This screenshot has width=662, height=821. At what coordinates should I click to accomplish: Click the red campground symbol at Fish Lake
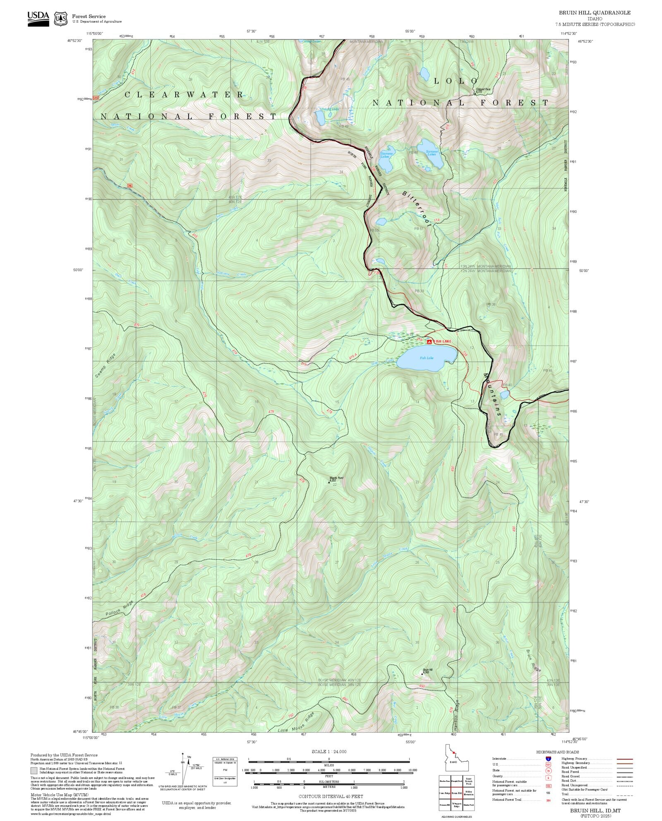(429, 342)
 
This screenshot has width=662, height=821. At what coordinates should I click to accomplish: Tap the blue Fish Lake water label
(427, 358)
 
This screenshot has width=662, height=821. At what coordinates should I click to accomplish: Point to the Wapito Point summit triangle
(329, 482)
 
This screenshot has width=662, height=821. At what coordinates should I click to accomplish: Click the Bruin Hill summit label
(427, 671)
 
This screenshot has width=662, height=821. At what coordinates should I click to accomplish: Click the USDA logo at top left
(38, 18)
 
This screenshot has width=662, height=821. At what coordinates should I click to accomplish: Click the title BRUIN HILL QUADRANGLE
(595, 13)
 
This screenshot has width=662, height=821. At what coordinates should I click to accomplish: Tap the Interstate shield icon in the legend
(549, 759)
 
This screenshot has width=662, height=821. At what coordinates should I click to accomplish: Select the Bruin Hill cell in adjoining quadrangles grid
(456, 793)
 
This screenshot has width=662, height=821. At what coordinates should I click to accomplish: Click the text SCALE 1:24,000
(329, 752)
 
